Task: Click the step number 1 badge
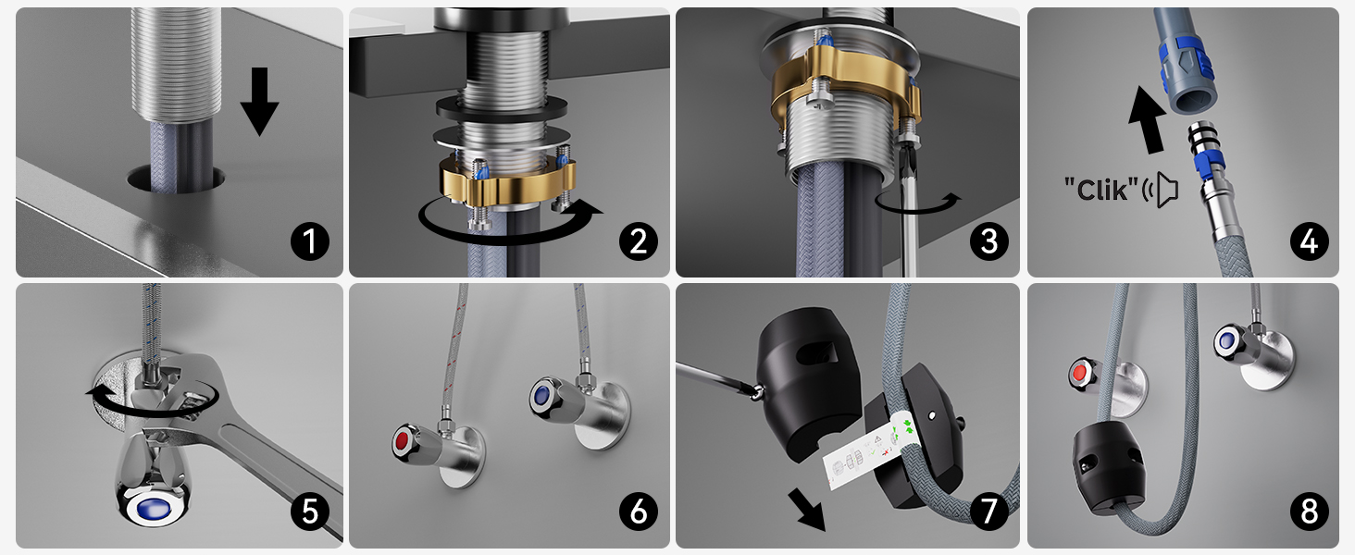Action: click(x=310, y=241)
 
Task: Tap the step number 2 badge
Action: click(x=639, y=241)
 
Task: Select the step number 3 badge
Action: click(x=989, y=241)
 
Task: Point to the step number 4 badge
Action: click(x=1310, y=241)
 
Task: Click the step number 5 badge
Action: click(x=310, y=512)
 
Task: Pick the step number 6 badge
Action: click(x=639, y=512)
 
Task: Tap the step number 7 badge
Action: click(x=989, y=512)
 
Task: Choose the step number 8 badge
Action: click(x=1310, y=512)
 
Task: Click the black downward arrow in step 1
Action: click(x=259, y=101)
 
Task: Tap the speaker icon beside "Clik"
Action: click(x=1161, y=190)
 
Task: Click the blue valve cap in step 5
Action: click(x=153, y=508)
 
